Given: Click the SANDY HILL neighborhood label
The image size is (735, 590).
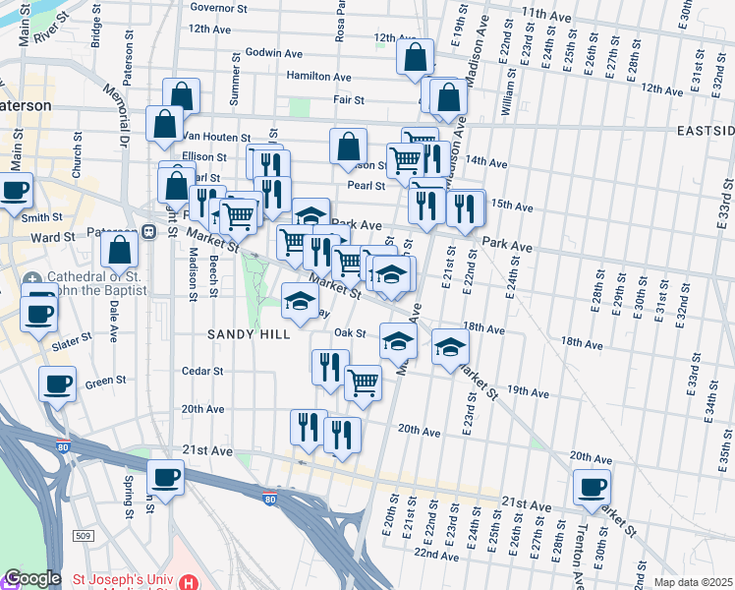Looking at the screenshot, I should coord(249,334).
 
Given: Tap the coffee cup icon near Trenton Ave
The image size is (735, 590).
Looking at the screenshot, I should coord(593,487).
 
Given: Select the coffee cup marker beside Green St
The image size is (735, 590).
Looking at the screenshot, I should coord(58,383).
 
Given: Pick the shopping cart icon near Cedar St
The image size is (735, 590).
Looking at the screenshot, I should coord(363,382).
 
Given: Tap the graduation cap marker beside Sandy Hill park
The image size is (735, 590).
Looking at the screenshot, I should coord(300,300).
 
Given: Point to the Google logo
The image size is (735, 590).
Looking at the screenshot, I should coord(31,578).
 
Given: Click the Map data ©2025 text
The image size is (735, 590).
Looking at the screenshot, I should coord(693,582).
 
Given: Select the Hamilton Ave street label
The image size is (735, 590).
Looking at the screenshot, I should coord(318,76).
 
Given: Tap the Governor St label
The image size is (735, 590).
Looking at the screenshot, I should coord(218,7).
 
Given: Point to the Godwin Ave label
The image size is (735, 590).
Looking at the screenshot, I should coord(275,52).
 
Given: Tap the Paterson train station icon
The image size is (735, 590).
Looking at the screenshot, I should coord(149,232).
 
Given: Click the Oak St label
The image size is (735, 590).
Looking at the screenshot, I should coord(349,332).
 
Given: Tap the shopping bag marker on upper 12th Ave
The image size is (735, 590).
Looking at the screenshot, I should coord(415,57).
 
